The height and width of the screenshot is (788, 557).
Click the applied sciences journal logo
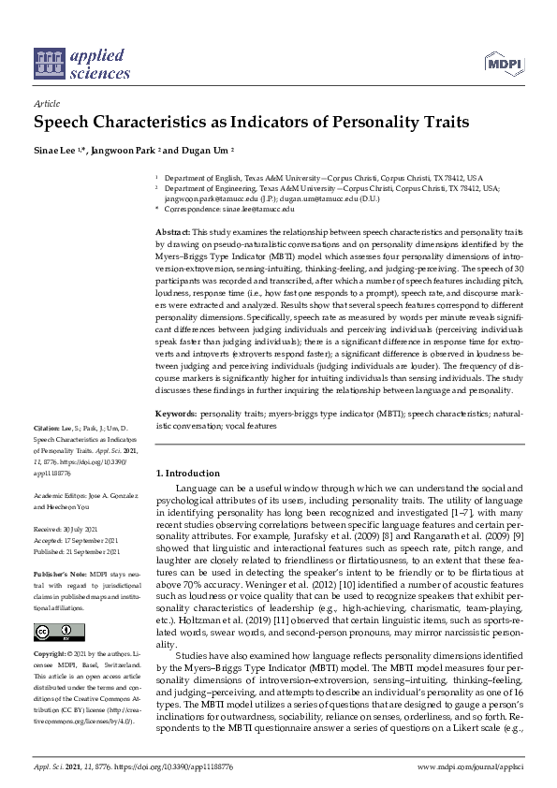point(81,62)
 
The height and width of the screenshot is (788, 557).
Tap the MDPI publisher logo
point(503,64)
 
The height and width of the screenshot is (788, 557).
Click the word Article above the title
point(46,104)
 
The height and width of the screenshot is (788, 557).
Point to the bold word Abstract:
point(172,231)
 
